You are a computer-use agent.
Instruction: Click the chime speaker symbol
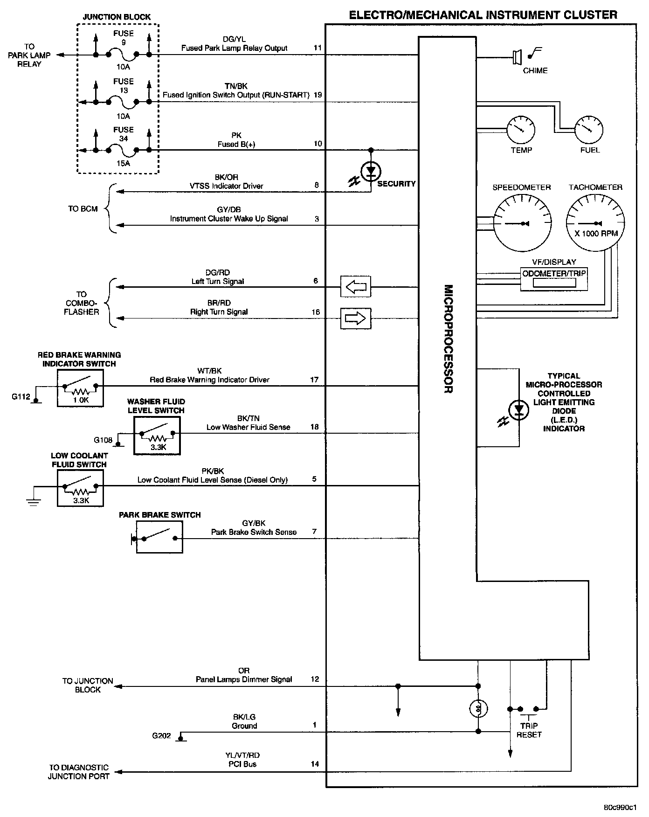click(517, 57)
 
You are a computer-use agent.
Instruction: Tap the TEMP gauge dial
click(521, 130)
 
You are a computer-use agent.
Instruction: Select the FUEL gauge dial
click(589, 130)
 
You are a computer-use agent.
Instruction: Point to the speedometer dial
click(522, 223)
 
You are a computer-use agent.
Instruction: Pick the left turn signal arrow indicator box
click(356, 286)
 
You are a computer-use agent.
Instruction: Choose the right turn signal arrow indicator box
click(356, 318)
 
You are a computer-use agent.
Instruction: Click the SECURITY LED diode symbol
click(371, 172)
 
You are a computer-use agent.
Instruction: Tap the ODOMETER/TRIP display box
click(554, 279)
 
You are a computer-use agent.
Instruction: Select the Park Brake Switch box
click(159, 537)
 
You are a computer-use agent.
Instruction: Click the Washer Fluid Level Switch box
click(157, 436)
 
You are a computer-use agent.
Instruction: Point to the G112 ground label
click(21, 397)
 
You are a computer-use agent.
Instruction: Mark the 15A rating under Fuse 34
click(123, 164)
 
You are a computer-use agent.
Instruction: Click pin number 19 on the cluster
click(318, 95)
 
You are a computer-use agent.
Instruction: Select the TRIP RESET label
click(529, 730)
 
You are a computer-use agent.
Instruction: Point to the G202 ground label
click(161, 736)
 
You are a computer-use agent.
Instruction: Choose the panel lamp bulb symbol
click(478, 709)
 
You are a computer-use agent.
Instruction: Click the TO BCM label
click(83, 209)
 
